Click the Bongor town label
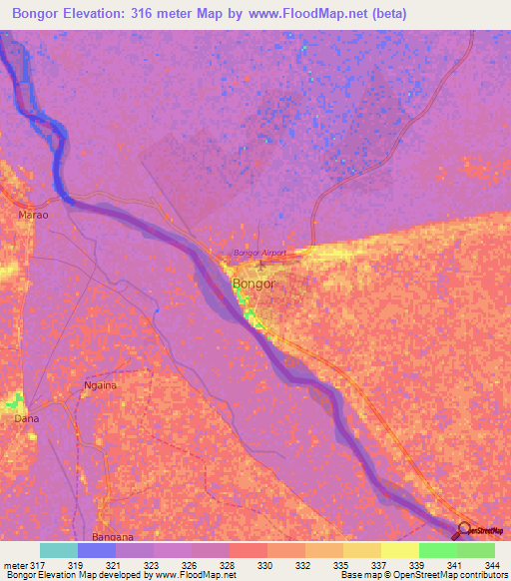[x=253, y=284]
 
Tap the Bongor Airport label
[x=258, y=253]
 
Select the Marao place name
[x=32, y=215]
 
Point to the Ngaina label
[x=101, y=384]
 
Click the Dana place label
[x=26, y=419]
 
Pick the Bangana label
[x=113, y=536]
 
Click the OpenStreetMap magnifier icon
[x=462, y=530]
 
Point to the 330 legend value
[x=265, y=564]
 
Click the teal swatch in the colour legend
[x=59, y=550]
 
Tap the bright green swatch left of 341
[x=437, y=550]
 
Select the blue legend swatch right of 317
[x=97, y=550]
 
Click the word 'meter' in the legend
[x=14, y=564]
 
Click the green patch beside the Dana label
[x=13, y=402]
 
